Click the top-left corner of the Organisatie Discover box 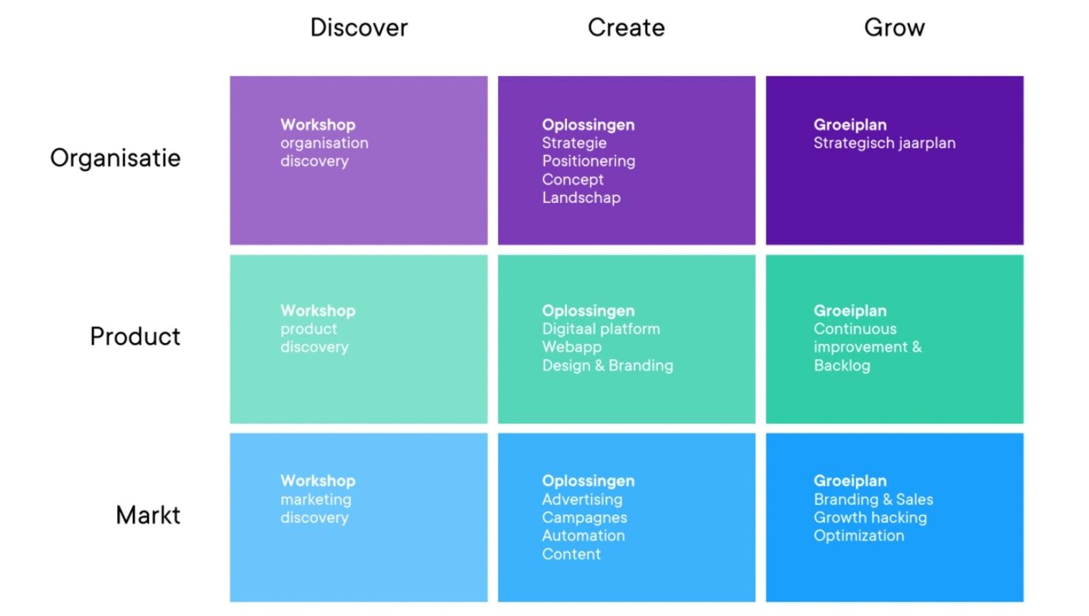click(x=231, y=76)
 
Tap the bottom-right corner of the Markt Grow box click(x=1024, y=602)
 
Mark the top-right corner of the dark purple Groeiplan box click(x=1024, y=76)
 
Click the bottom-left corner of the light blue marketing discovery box click(x=231, y=602)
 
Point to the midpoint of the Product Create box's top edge click(x=627, y=255)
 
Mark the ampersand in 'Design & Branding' click(x=600, y=365)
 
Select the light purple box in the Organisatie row click(x=359, y=161)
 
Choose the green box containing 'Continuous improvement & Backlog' click(x=894, y=339)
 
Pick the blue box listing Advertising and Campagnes click(x=627, y=517)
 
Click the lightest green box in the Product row click(x=359, y=339)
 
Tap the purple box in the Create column click(x=627, y=161)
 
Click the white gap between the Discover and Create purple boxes click(x=493, y=161)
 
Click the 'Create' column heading click(x=626, y=27)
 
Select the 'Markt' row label click(x=148, y=515)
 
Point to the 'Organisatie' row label click(x=115, y=157)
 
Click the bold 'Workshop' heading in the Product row click(x=318, y=310)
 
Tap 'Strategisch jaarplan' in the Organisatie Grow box click(x=885, y=144)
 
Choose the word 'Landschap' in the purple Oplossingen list click(x=581, y=198)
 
